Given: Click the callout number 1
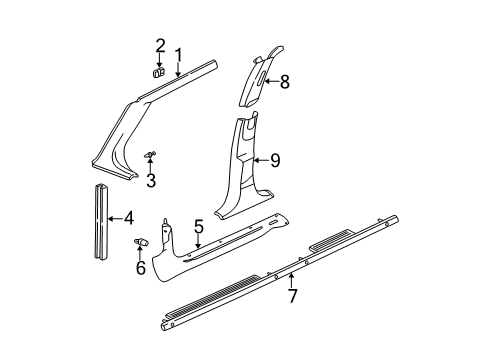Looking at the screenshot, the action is coord(178,55).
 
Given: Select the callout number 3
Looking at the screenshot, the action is coord(151,180).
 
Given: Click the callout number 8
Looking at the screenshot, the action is coord(284,82).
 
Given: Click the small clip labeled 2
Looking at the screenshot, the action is coord(159,72).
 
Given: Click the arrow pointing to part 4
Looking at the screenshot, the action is coord(113,217).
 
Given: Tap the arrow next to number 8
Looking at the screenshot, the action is coord(268,82).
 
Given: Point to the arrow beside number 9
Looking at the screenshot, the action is coord(260,158).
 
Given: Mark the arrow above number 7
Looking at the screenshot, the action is coord(291,277).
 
